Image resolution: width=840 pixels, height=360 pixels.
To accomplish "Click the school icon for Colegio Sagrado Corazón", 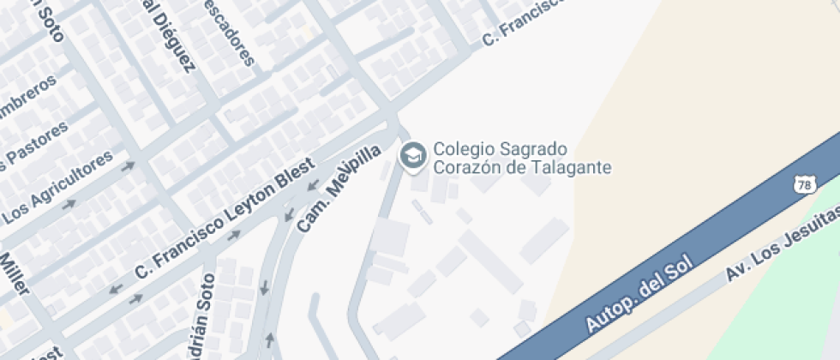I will click(413, 157).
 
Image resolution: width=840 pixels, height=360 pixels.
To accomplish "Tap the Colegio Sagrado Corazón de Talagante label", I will click(522, 158).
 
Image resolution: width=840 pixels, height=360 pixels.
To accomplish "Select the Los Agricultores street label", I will click(59, 185).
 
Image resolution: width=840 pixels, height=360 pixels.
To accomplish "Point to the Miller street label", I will click(15, 273).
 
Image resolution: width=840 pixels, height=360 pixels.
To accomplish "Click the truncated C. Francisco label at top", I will click(524, 21).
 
